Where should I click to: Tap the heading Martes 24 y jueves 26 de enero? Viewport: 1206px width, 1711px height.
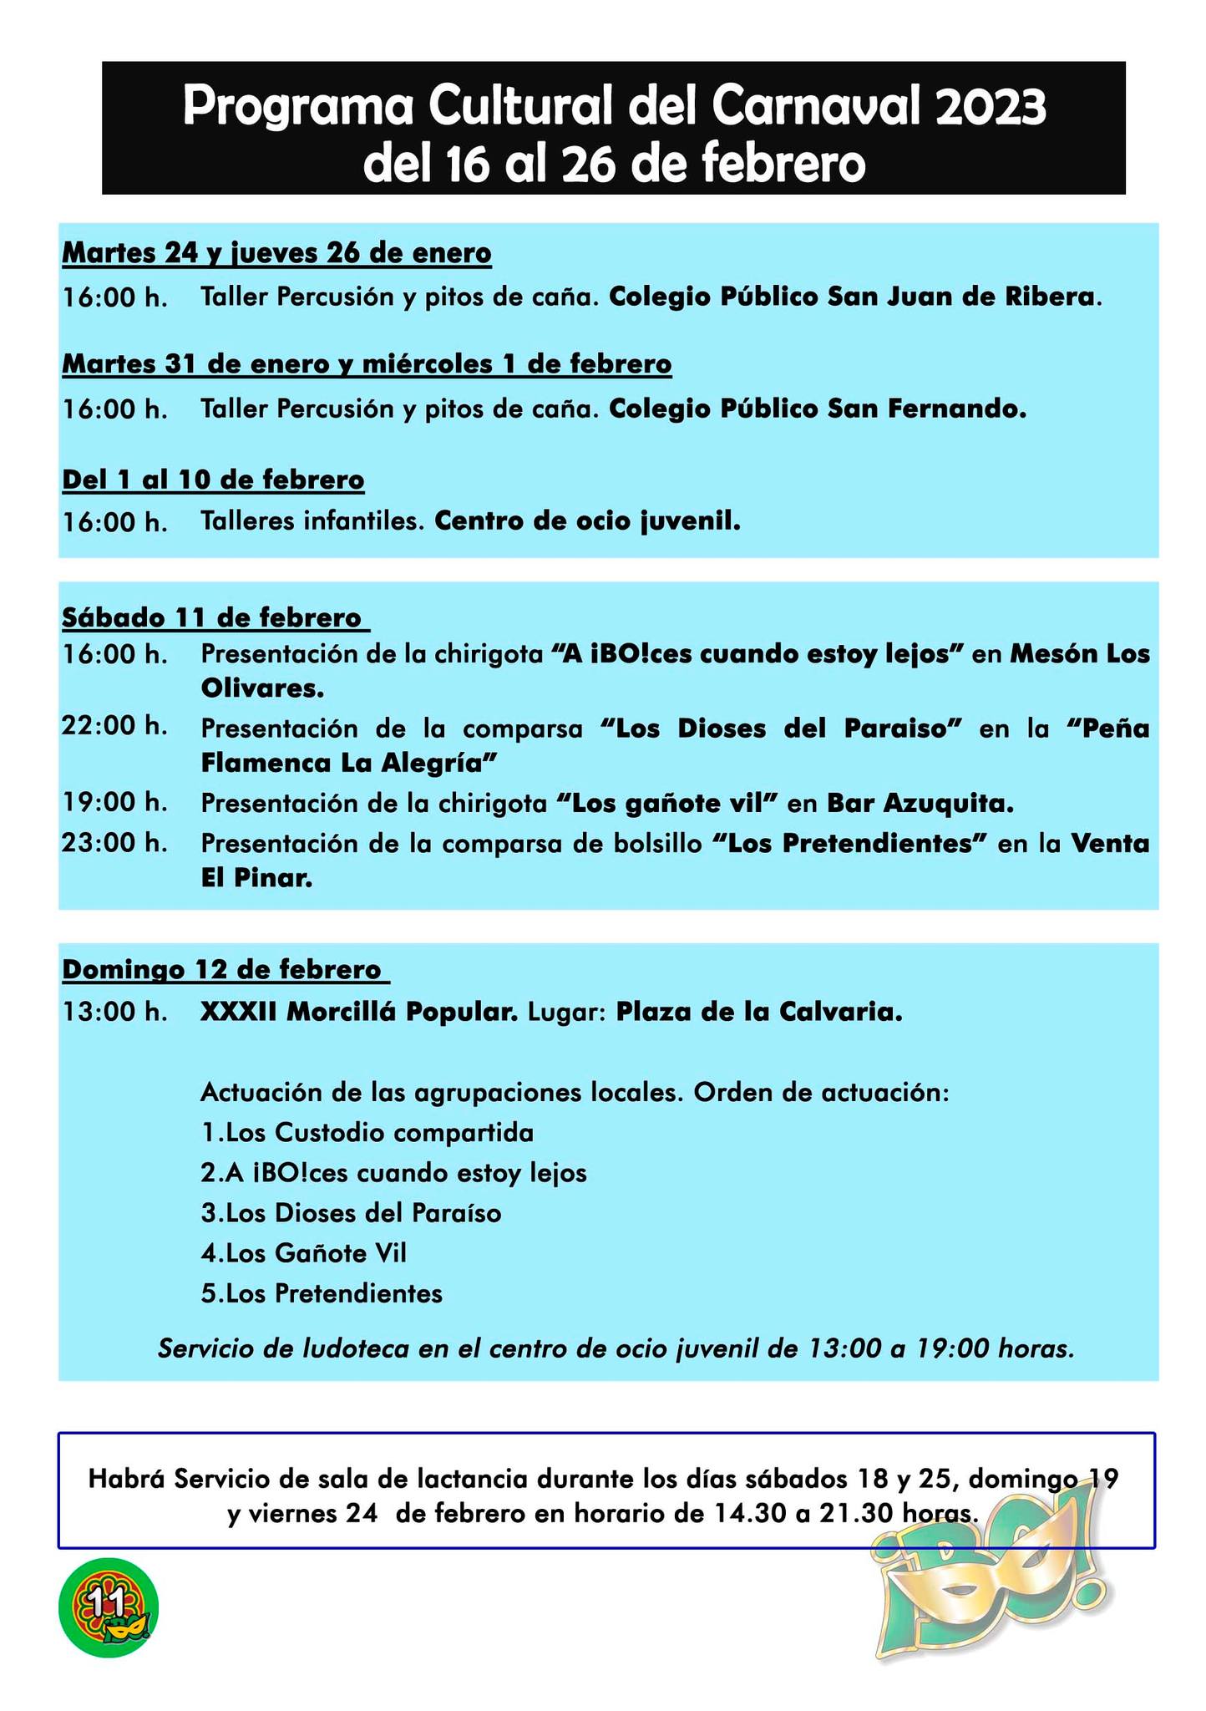point(276,252)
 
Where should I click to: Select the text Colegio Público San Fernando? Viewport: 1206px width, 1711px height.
point(817,409)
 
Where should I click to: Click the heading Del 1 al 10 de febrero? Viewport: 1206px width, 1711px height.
point(213,480)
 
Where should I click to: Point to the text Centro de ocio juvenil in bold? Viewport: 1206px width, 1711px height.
point(588,521)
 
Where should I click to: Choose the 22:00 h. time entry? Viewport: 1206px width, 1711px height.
point(114,726)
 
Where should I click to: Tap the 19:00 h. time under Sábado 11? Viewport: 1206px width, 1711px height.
point(114,803)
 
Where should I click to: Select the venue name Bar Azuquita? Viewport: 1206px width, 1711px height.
point(920,803)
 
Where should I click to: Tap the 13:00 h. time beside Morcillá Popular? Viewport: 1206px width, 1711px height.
point(114,1012)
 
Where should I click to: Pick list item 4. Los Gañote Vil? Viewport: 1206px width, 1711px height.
point(304,1253)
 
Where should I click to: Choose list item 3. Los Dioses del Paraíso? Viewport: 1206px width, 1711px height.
point(351,1213)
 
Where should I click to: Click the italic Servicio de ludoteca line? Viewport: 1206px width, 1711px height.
point(616,1348)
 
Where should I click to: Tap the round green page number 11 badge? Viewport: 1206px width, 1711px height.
point(109,1607)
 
